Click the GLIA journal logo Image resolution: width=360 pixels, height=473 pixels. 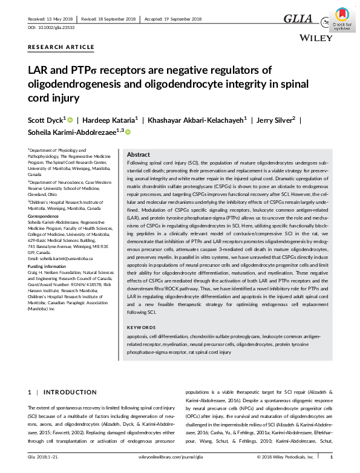click(298, 19)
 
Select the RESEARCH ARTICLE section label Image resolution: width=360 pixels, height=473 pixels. click(61, 47)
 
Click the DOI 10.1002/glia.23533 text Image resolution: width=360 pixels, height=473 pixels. click(50, 28)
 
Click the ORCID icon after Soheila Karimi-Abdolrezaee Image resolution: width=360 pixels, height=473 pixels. click(128, 131)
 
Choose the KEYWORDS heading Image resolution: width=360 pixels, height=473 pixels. click(141, 327)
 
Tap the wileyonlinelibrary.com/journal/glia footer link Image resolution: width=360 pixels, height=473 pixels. click(181, 457)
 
